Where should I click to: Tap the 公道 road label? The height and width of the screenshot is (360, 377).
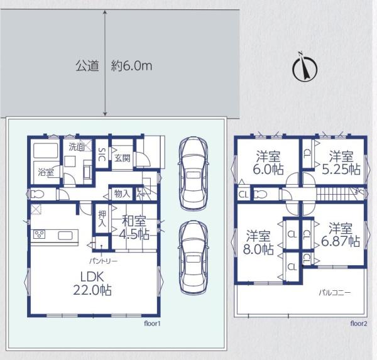[87, 65]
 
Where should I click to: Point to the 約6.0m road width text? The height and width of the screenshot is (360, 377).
[131, 65]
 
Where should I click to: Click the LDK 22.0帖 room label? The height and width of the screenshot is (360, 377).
[92, 283]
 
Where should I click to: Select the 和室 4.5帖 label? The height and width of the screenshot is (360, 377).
[134, 227]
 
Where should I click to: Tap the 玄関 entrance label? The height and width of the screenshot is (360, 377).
[123, 158]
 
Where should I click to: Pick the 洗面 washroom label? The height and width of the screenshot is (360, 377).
[77, 147]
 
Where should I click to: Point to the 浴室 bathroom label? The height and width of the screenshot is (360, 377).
[46, 172]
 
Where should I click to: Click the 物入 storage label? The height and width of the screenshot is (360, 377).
[122, 194]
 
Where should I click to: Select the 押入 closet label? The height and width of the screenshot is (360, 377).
[102, 219]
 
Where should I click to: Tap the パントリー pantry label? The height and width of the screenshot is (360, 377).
[104, 261]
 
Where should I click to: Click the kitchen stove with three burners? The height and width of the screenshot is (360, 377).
[39, 234]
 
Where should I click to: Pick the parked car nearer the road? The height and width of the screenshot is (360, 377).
[194, 173]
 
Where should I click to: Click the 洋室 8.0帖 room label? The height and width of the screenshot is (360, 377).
[258, 243]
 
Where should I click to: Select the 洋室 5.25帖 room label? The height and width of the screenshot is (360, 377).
[341, 162]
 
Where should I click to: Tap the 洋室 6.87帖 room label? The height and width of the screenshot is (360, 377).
[341, 235]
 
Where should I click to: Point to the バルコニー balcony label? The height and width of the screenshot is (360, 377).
[335, 293]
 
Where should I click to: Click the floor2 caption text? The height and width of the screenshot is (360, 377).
[359, 324]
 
